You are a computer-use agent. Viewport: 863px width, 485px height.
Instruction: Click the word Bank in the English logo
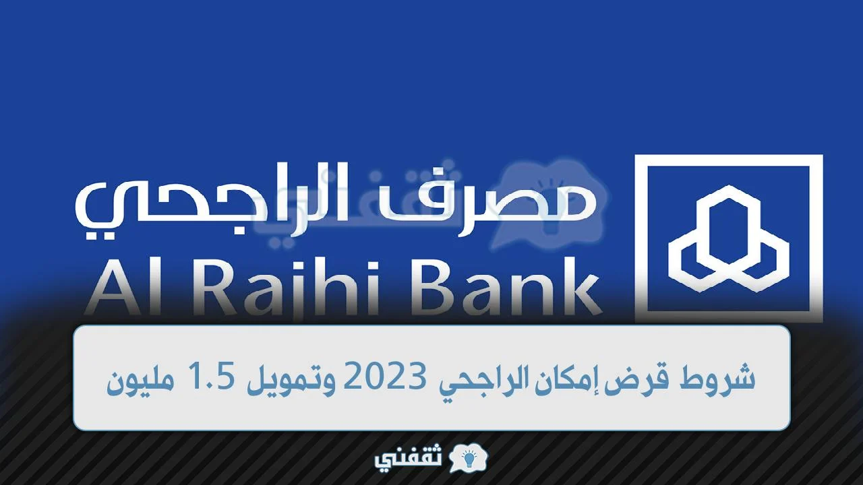[500, 287]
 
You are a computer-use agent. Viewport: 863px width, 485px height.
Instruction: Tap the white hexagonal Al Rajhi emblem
[729, 238]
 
